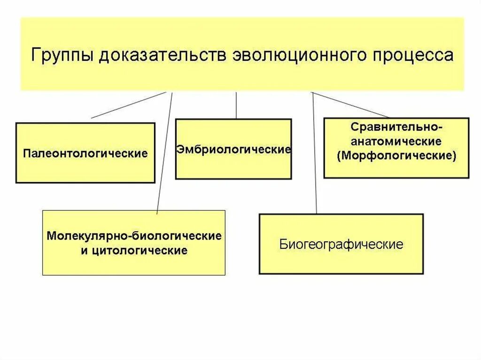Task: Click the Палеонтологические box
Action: (85, 169)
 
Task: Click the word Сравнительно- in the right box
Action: (396, 127)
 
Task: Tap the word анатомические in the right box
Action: (396, 141)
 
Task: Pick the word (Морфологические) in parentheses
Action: (396, 155)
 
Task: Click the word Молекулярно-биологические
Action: (134, 236)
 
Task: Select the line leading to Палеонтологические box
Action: (129, 105)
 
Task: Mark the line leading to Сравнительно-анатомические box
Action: (350, 105)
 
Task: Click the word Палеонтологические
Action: (85, 153)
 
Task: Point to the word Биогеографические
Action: (341, 245)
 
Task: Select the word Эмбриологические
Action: (233, 150)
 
